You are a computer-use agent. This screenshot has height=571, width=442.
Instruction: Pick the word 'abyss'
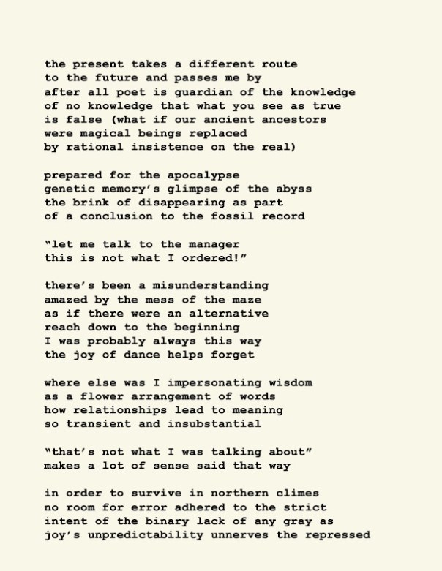294,189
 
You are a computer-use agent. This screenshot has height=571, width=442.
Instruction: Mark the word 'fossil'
233,216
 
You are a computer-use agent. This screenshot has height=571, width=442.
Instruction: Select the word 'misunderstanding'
210,285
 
